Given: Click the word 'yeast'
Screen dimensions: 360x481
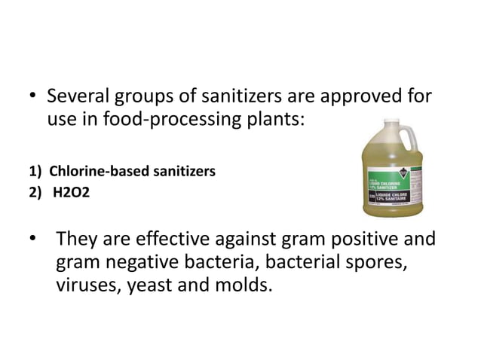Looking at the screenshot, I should click(x=158, y=286).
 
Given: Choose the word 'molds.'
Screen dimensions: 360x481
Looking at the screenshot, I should click(x=241, y=286).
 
